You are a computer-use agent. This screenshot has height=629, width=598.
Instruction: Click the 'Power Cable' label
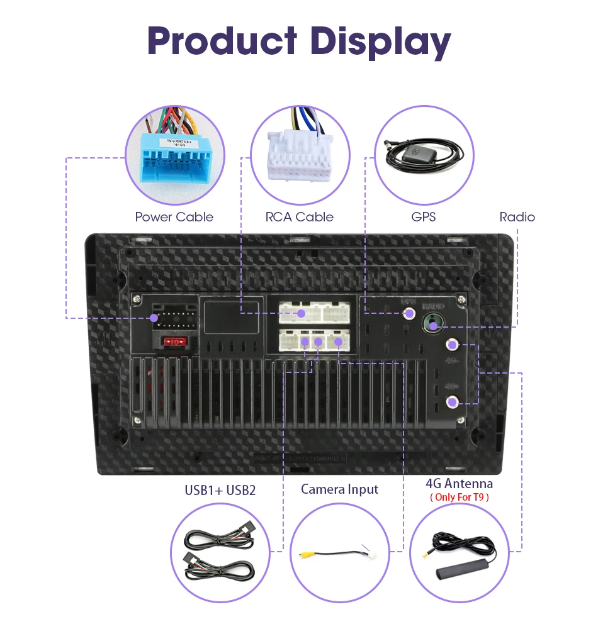pos(174,217)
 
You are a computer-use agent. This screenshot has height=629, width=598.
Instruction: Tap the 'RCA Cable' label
pos(299,217)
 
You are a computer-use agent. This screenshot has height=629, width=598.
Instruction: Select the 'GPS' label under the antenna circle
pos(423,217)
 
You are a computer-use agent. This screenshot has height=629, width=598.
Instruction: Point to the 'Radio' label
pos(517,217)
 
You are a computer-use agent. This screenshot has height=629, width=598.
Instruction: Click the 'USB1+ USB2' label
pos(220,490)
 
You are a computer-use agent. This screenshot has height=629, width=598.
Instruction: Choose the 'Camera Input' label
pos(340,489)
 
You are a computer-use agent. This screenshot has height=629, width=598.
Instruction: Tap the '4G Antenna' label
pos(459,483)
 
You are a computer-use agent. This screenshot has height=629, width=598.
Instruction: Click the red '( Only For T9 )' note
pos(459,497)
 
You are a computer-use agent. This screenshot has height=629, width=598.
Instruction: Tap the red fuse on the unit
pos(174,342)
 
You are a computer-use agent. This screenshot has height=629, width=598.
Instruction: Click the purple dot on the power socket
pos(154,318)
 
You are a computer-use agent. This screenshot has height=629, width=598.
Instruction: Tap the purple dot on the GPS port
pos(409,313)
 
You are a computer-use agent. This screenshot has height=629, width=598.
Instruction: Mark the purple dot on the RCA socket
pos(302,313)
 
